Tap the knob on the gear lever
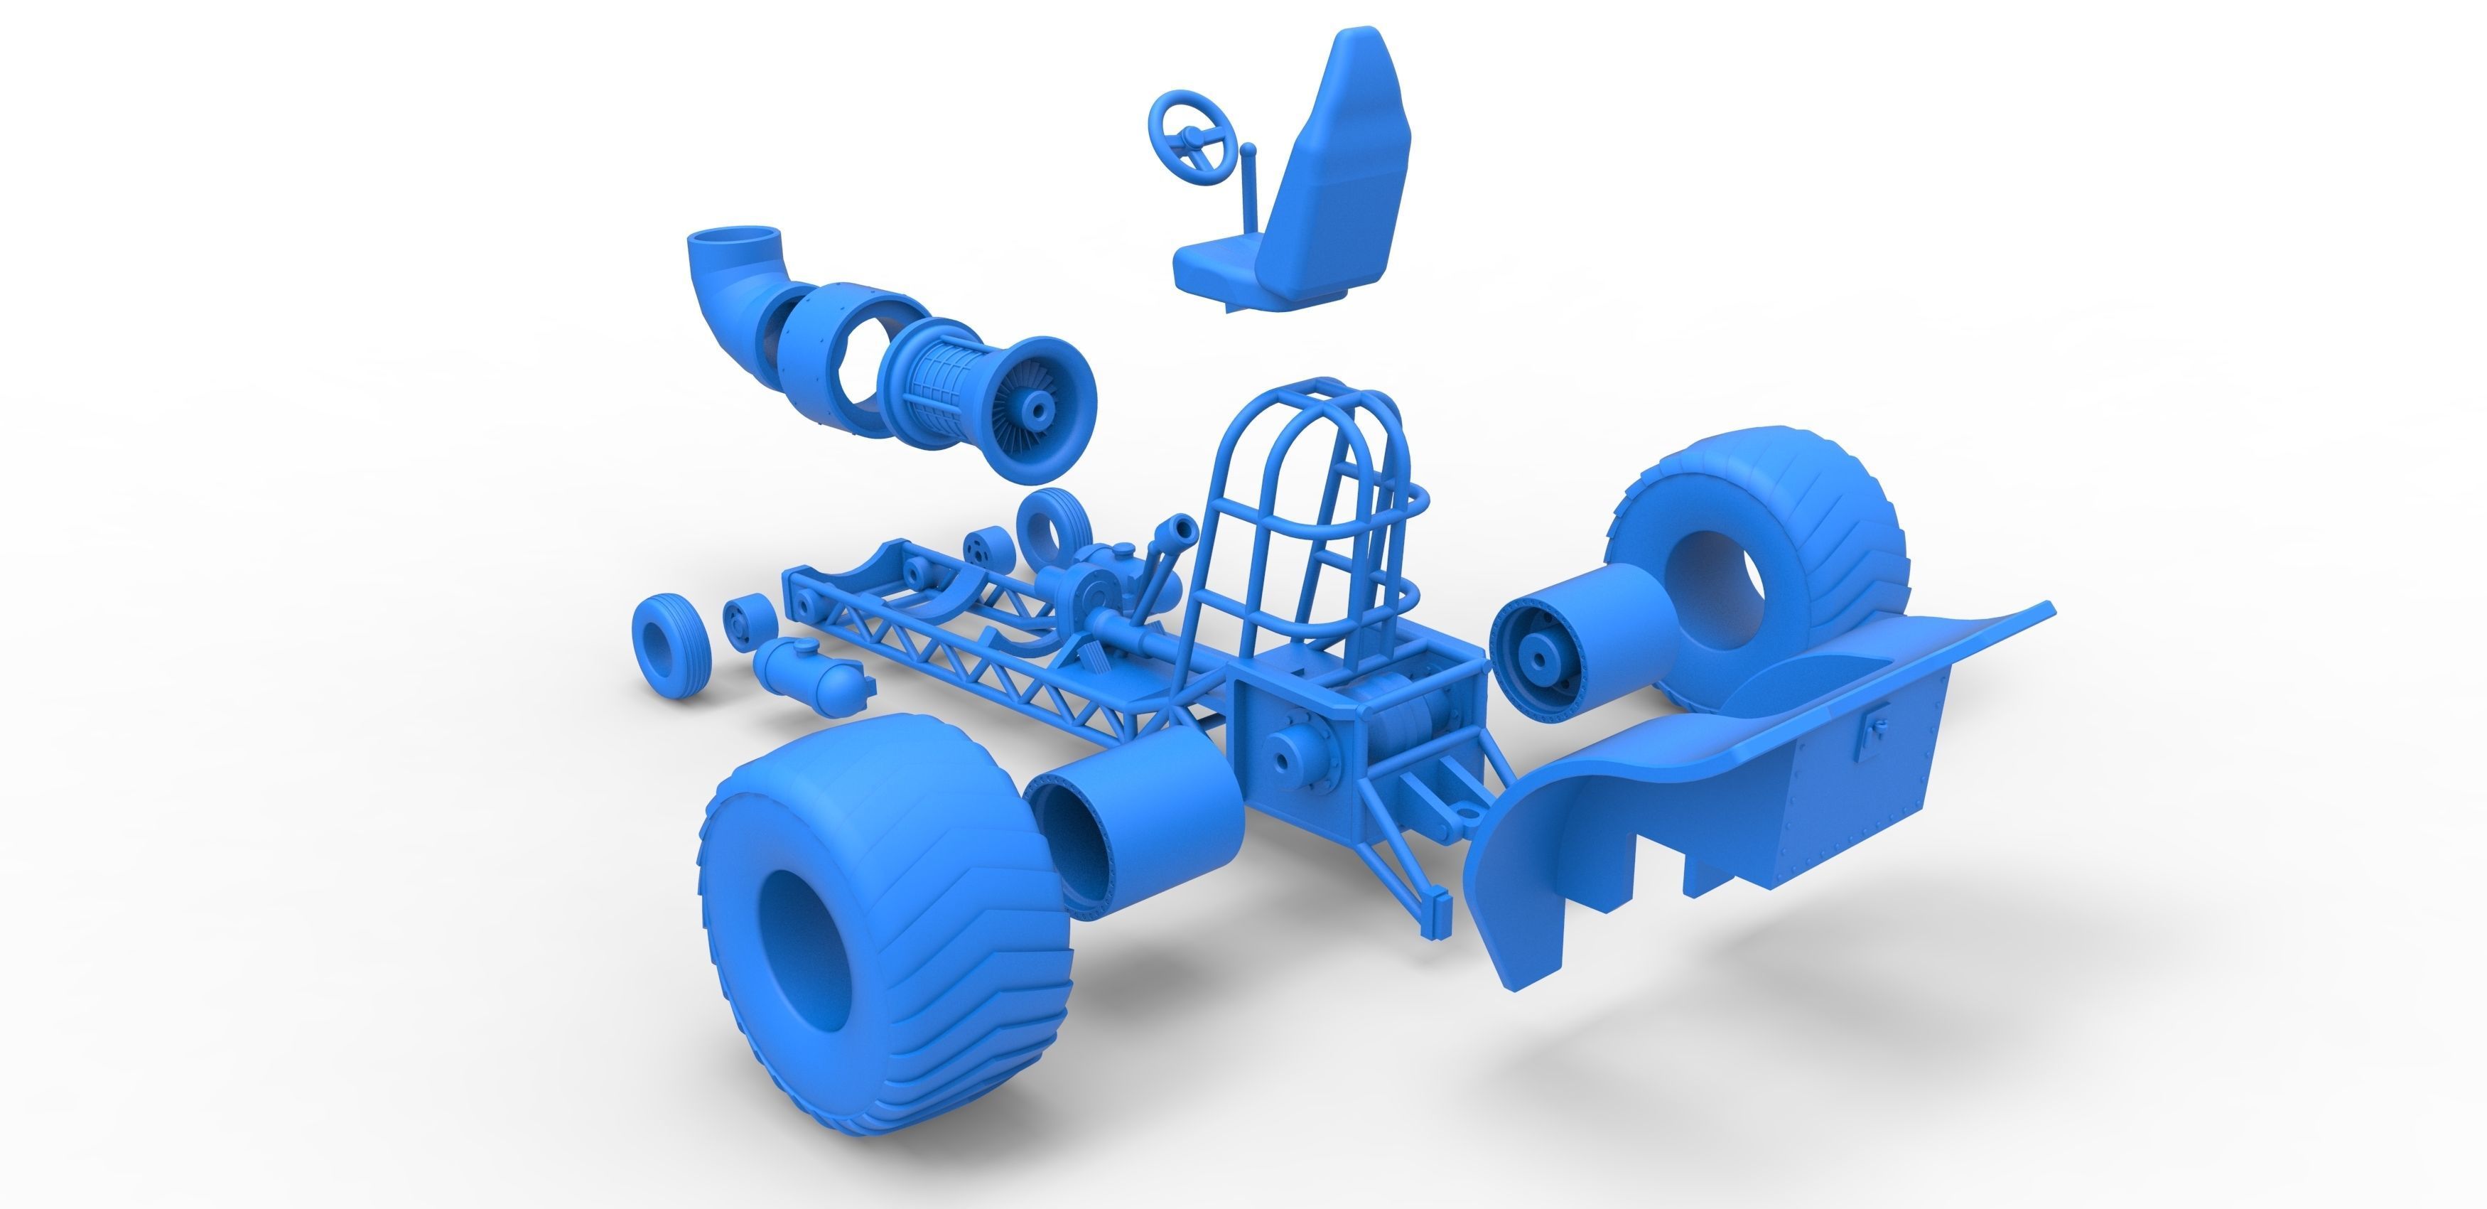coord(1248,151)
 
